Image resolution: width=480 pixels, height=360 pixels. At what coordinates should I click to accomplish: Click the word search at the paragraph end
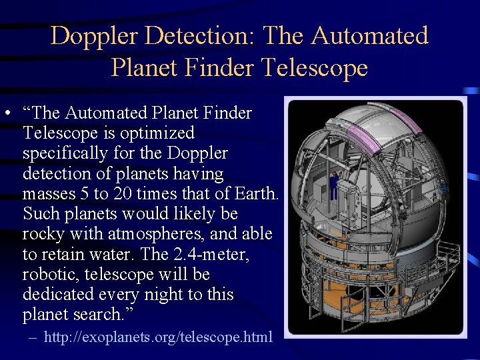tap(100, 315)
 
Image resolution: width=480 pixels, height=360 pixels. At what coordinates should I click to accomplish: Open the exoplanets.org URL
tap(158, 337)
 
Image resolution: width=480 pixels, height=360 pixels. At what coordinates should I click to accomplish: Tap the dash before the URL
tap(33, 337)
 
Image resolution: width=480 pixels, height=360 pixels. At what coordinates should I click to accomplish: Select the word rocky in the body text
tap(43, 234)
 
